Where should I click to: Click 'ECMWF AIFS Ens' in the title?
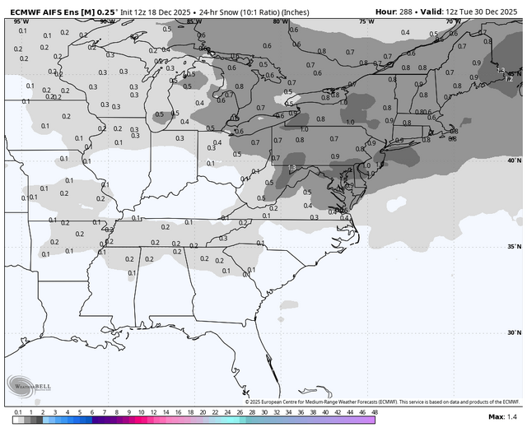tap(41, 12)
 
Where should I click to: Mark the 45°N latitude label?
tap(515, 73)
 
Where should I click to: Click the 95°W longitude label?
tap(19, 21)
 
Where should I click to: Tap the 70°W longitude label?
tap(450, 21)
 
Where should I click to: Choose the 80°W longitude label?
tap(279, 21)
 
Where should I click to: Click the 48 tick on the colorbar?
tap(375, 411)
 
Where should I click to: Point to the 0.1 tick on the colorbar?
tap(18, 411)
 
